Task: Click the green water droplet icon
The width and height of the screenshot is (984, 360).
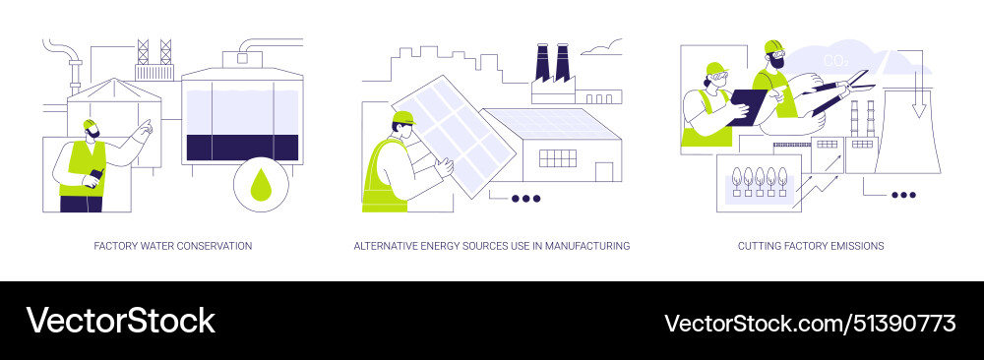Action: coord(261,185)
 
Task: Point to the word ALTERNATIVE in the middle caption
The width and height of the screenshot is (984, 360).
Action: coord(388,245)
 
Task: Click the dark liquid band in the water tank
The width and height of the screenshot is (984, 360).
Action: coord(241,146)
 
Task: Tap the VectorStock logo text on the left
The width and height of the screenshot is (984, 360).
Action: coord(120,321)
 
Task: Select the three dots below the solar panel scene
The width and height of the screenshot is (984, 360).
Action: coord(525,198)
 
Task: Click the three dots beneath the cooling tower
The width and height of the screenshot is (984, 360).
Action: coord(902,195)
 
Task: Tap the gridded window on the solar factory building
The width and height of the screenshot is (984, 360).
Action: coord(558,157)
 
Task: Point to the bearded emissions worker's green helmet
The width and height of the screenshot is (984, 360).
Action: coord(772,46)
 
